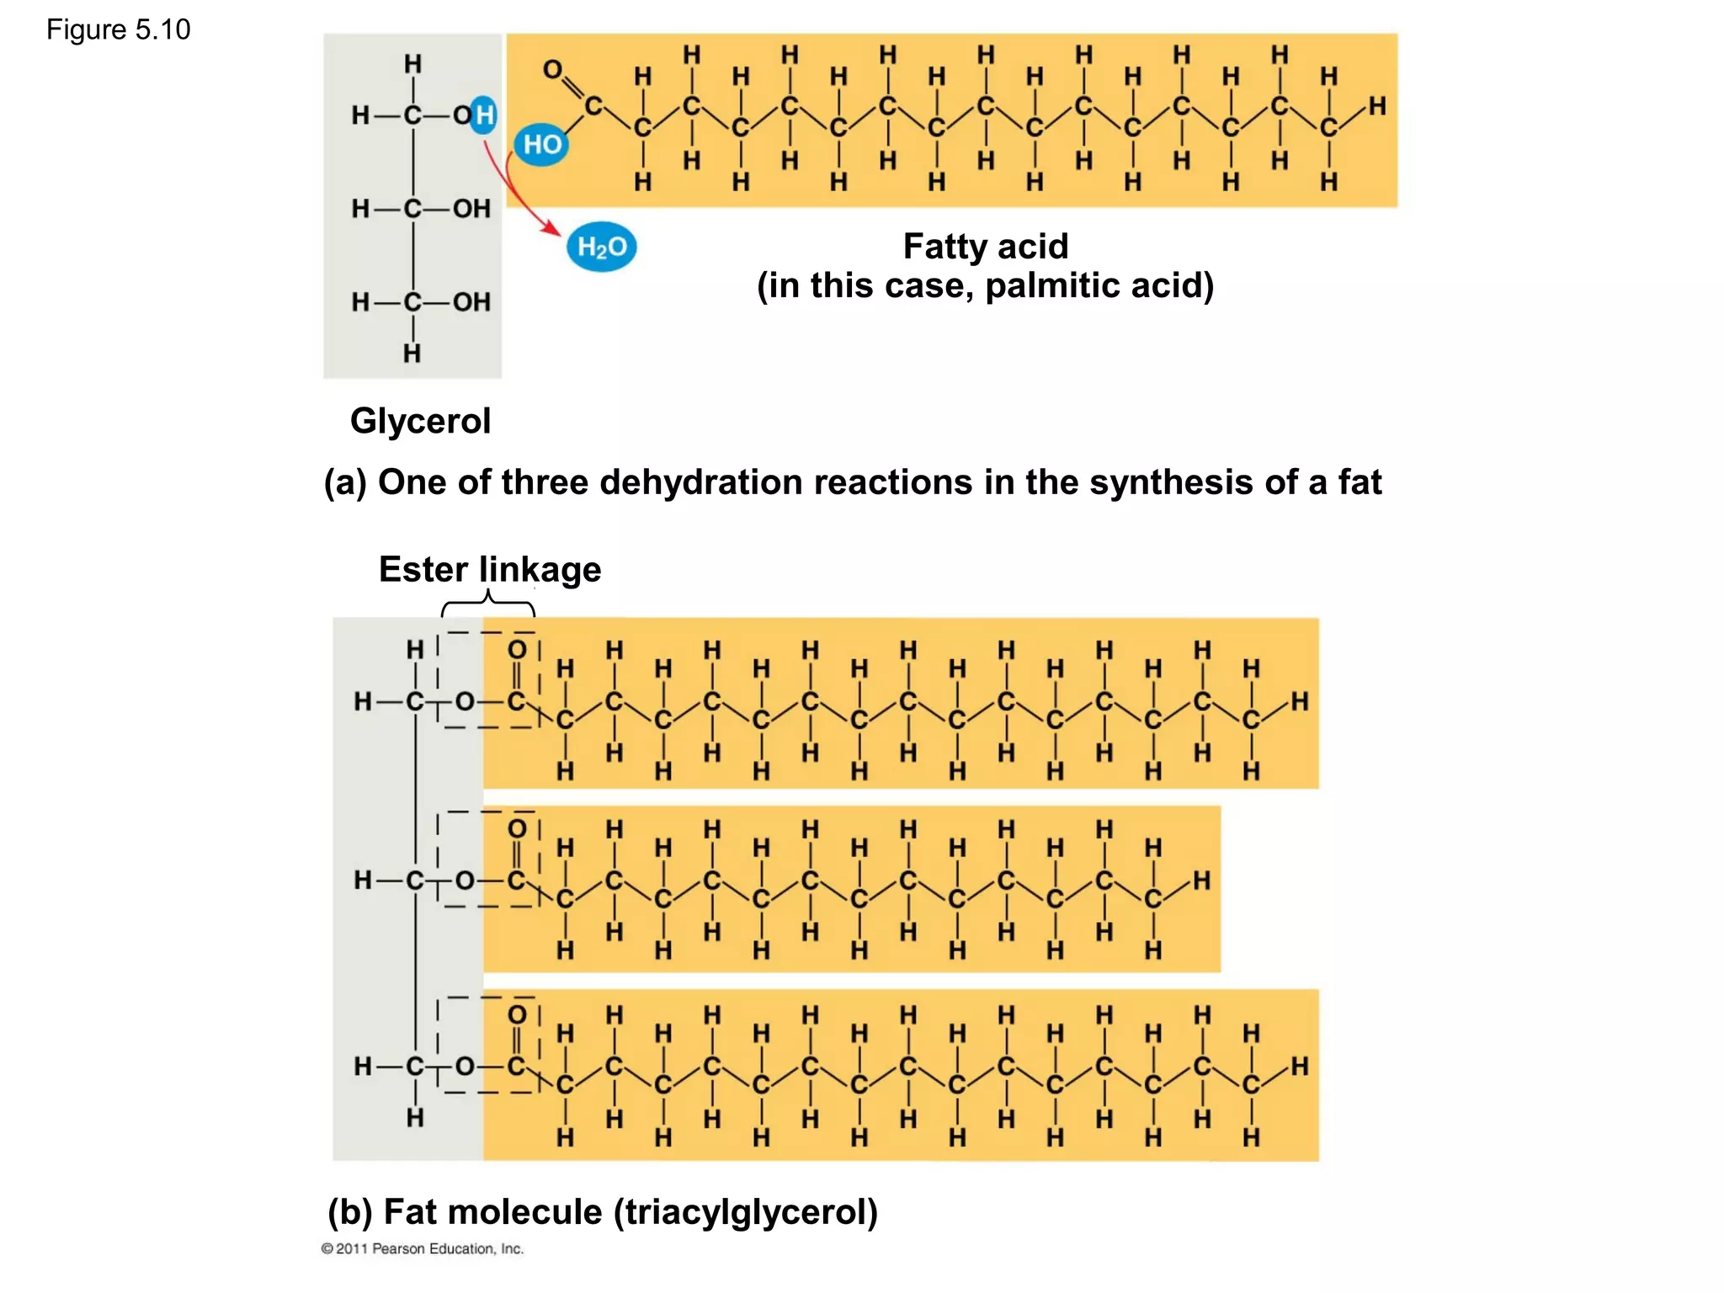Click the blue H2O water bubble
point(601,247)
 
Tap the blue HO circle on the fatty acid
point(541,145)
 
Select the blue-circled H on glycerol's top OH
point(484,114)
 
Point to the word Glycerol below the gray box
point(420,421)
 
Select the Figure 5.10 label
point(119,30)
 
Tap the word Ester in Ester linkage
point(423,570)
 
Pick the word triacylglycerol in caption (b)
point(746,1212)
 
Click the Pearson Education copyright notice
point(423,1248)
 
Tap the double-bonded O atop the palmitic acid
point(552,70)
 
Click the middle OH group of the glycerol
point(471,209)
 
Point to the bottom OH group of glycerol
point(471,302)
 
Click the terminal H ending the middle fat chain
point(1201,881)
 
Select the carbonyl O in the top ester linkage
point(517,650)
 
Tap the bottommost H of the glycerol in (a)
point(412,354)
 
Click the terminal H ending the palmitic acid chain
point(1377,106)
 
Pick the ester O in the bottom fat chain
point(465,1067)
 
